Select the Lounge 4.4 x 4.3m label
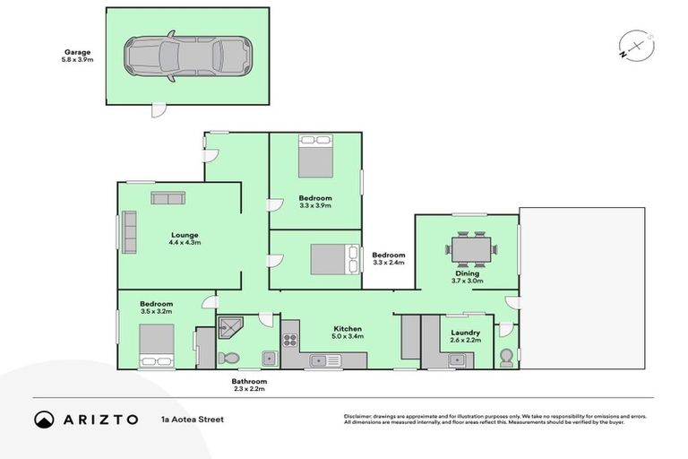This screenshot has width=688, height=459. (x=184, y=238)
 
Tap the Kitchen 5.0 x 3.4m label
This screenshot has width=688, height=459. (x=347, y=333)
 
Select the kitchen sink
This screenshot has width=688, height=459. (x=326, y=360)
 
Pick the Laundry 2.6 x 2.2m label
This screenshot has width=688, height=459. (x=465, y=336)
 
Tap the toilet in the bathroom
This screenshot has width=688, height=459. (x=228, y=359)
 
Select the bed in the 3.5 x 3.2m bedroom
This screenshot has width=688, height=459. (x=156, y=347)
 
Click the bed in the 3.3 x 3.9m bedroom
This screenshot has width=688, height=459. (x=315, y=158)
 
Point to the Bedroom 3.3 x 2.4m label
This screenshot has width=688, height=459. (x=389, y=258)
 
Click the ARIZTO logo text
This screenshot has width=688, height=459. (x=99, y=420)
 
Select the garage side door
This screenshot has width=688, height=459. (x=157, y=109)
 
